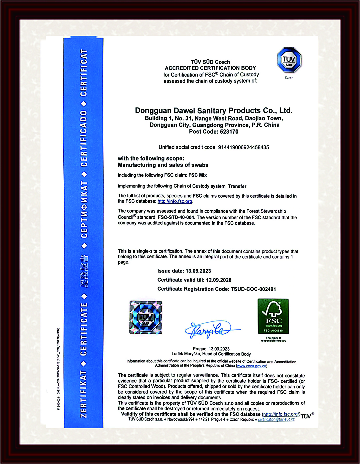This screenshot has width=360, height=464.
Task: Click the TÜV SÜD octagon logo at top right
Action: (289, 60)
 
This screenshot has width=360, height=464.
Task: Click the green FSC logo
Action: (273, 316)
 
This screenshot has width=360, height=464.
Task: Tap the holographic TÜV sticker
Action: (146, 317)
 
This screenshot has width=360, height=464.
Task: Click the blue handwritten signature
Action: (210, 329)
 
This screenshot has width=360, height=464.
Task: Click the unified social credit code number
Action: (243, 147)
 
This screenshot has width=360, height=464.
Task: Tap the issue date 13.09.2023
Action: (198, 271)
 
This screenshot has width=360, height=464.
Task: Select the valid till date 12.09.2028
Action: (219, 280)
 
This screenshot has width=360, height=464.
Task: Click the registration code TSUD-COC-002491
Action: (253, 289)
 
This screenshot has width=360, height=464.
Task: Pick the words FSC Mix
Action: (198, 175)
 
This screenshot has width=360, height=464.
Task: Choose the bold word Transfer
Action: (237, 186)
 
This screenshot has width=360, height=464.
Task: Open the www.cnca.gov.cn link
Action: (252, 366)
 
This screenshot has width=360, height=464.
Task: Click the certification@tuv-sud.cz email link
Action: (276, 419)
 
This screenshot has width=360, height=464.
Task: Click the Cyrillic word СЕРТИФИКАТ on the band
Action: (84, 210)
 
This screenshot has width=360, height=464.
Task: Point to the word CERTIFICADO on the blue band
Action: (84, 139)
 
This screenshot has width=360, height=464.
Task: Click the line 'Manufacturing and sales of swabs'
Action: (163, 165)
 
